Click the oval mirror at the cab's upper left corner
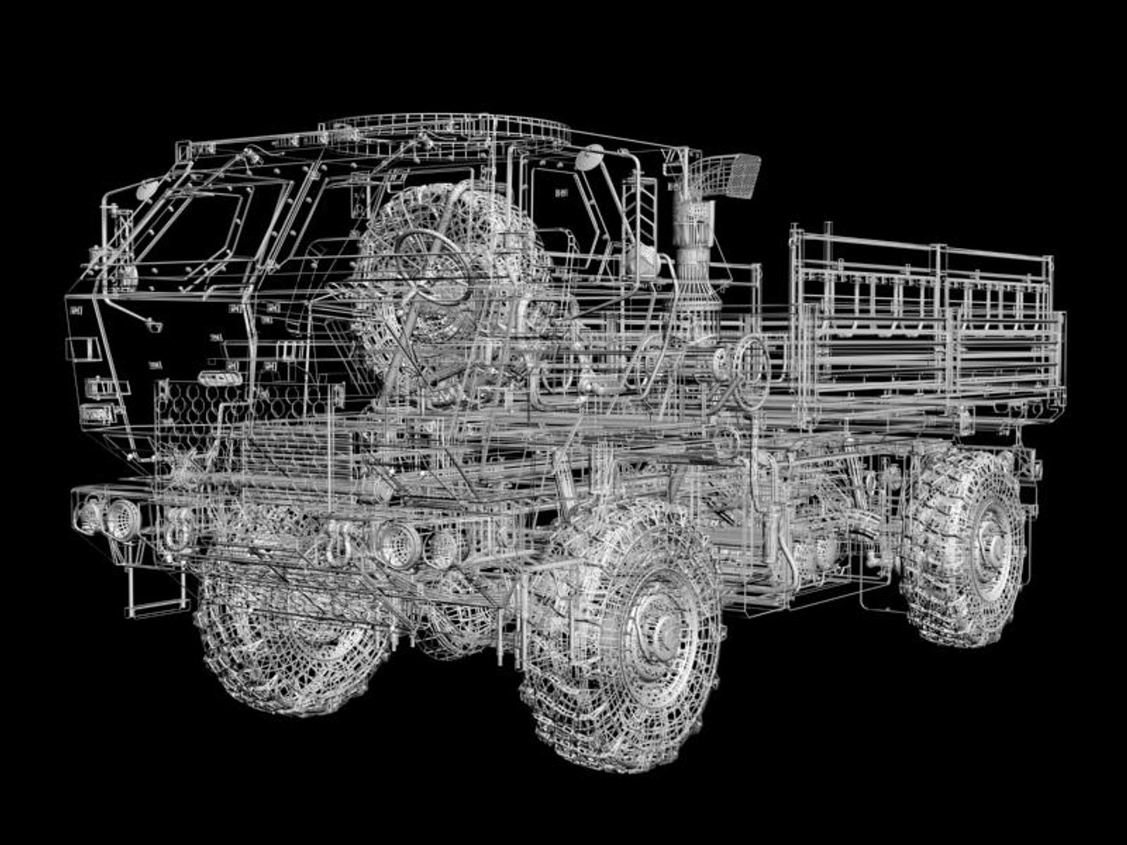point(146,189)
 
